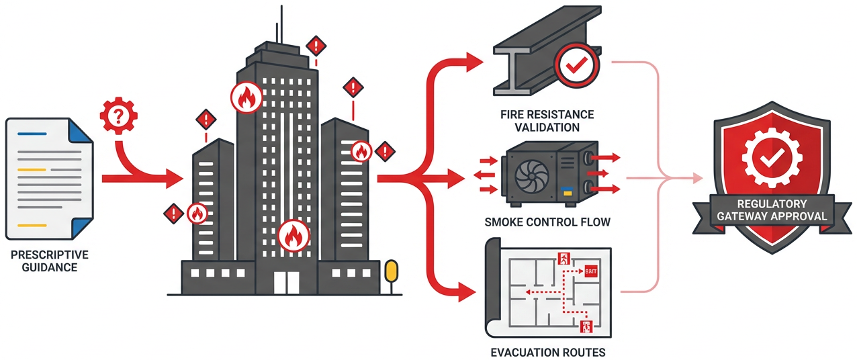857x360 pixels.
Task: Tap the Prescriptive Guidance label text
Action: tap(50, 261)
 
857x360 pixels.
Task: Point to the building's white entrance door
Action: tap(286, 283)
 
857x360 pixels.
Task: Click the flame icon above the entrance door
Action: tap(293, 235)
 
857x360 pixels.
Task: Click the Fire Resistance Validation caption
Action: tap(547, 121)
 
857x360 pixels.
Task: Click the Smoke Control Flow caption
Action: tap(547, 222)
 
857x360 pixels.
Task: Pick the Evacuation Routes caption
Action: tap(547, 352)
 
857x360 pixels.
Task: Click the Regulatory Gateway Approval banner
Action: tap(772, 210)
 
